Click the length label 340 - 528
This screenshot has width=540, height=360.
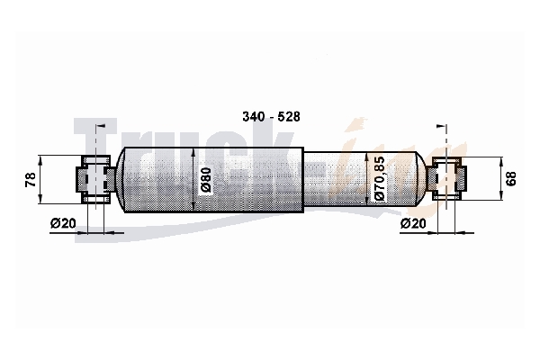point(271,117)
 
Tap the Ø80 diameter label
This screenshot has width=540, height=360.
point(206,179)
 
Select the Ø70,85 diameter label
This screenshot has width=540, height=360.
point(379,178)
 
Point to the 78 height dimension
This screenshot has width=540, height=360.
point(31,179)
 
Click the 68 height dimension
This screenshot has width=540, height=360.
point(512,179)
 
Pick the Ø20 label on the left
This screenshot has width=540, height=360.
point(63,223)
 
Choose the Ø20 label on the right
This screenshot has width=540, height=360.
point(413,223)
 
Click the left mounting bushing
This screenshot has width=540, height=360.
point(96,179)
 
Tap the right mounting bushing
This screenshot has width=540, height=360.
point(447,178)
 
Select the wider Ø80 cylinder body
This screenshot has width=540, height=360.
point(213,179)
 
